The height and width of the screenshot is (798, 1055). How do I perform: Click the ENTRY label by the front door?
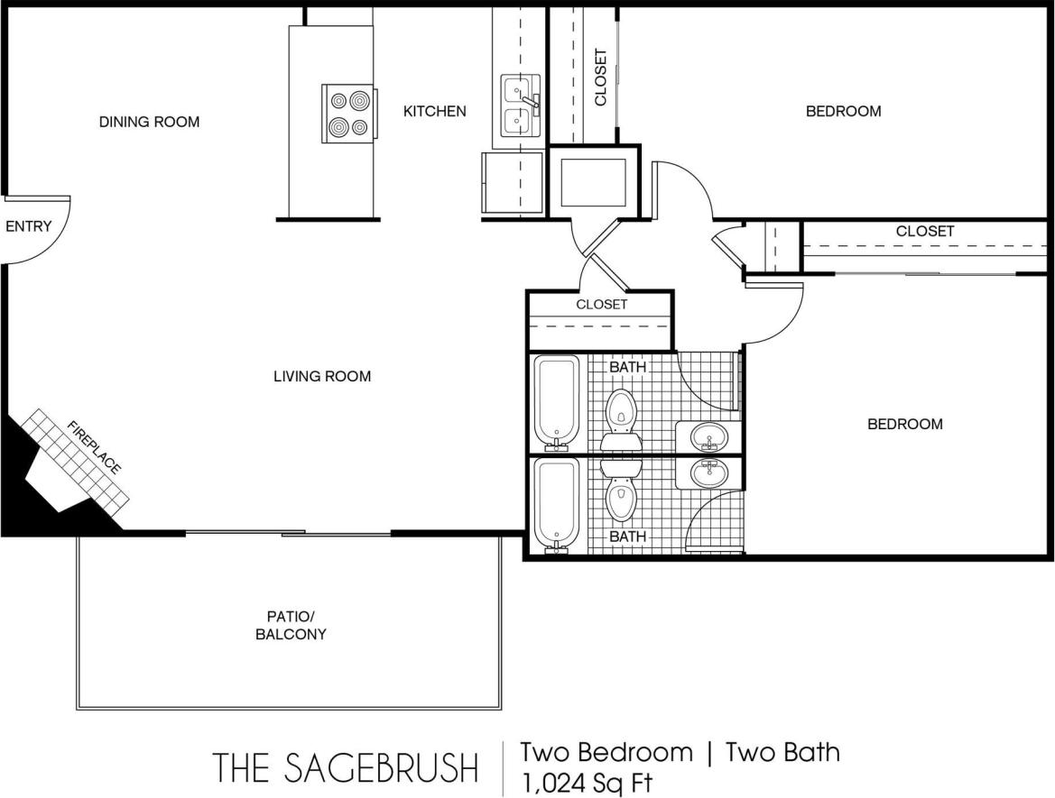[28, 226]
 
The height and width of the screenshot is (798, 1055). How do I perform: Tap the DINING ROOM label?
[149, 122]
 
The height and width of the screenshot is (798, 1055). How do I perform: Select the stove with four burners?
[348, 113]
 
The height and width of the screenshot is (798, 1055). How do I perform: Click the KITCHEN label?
[434, 111]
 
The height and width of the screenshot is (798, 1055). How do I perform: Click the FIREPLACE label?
[94, 447]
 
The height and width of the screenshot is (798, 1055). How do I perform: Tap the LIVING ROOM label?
[322, 376]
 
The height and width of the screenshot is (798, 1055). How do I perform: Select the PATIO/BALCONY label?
[291, 626]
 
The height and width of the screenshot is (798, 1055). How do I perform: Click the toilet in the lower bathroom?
[620, 493]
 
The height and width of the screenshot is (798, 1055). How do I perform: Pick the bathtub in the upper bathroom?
[556, 401]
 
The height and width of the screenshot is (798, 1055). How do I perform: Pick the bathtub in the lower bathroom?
[556, 503]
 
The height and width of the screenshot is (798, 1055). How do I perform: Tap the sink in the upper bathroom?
[709, 438]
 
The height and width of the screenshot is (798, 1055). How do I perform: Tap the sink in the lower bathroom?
[709, 472]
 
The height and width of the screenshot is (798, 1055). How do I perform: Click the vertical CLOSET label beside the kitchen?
[601, 77]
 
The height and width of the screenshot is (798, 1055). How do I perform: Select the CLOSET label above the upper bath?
[601, 304]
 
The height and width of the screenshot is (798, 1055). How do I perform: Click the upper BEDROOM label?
[843, 111]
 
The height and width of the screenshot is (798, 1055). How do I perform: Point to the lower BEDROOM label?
[904, 424]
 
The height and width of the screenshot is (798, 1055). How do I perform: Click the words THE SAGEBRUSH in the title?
[346, 767]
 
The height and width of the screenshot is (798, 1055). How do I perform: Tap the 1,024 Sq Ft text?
[586, 781]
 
